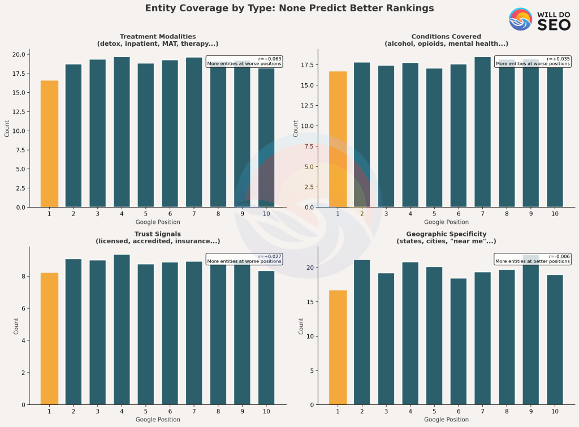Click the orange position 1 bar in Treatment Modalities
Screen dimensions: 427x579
[49, 144]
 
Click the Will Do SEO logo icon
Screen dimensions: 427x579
[520, 19]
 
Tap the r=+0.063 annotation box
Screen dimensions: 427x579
[244, 61]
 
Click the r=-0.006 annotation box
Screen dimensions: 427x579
[532, 259]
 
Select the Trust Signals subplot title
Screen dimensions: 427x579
[158, 238]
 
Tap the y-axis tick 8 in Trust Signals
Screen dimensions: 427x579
[22, 277]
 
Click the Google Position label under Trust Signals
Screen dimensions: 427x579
[158, 420]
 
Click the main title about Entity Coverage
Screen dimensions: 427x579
[289, 8]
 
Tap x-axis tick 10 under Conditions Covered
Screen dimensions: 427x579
[555, 213]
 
